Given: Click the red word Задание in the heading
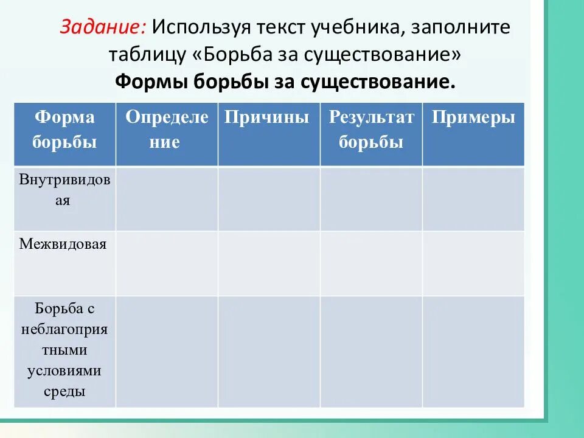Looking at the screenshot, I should pyautogui.click(x=101, y=27).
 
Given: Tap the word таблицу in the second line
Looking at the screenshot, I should pyautogui.click(x=147, y=55).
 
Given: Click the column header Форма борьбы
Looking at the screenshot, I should pyautogui.click(x=64, y=130).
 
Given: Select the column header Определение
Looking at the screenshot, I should pyautogui.click(x=167, y=130).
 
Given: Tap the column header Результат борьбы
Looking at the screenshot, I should pyautogui.click(x=371, y=130).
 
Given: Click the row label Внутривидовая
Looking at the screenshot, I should pyautogui.click(x=64, y=190).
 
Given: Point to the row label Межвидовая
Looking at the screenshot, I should pyautogui.click(x=63, y=245).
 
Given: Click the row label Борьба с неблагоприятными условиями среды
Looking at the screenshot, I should pyautogui.click(x=64, y=350).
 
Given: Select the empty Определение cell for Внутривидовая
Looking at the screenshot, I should pyautogui.click(x=167, y=199).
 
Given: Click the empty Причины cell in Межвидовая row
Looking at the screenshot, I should pyautogui.click(x=268, y=263).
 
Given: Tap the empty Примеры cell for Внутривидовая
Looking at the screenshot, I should pyautogui.click(x=473, y=199).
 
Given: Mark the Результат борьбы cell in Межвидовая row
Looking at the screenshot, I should pyautogui.click(x=371, y=263).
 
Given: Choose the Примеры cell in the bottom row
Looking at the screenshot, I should pyautogui.click(x=473, y=351).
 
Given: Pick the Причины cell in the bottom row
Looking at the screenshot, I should pyautogui.click(x=268, y=351).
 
